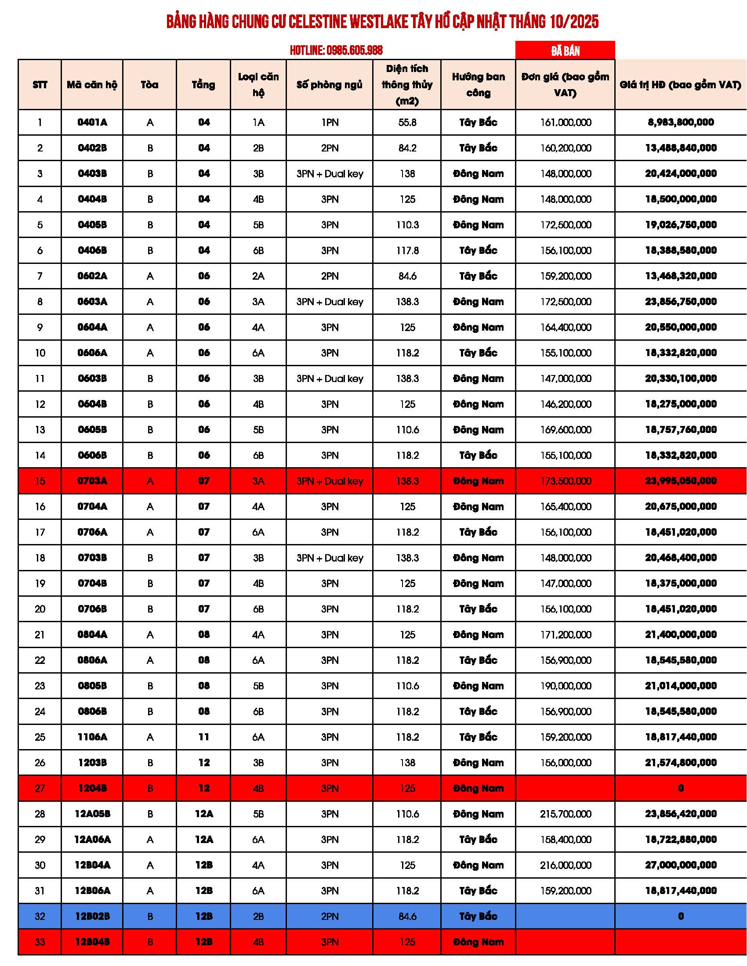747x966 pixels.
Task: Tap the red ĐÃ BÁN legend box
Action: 565,50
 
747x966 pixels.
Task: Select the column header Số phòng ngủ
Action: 329,84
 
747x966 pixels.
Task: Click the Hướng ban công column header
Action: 478,84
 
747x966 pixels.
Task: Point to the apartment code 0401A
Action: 92,123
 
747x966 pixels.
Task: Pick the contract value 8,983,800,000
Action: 681,123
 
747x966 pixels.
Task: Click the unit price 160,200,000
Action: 565,148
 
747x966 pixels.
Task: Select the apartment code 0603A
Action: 92,302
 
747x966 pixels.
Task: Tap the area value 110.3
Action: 407,225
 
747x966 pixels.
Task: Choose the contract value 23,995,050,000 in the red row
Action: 681,481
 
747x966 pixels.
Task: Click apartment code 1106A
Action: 92,737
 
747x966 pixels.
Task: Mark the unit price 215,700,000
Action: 565,814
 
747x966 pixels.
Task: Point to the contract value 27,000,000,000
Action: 681,865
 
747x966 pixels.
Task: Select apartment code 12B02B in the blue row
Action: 92,916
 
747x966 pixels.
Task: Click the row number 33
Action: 40,942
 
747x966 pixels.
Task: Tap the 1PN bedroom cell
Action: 330,123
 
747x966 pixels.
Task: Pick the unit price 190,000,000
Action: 565,686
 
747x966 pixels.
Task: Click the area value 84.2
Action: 407,148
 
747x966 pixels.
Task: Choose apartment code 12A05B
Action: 92,814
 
